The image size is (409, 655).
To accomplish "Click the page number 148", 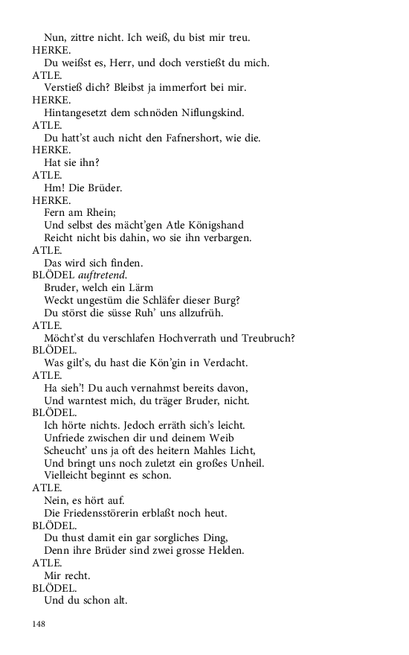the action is [x=39, y=624].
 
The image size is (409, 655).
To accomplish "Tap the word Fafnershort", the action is [x=184, y=138].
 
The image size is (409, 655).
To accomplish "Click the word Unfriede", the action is [x=68, y=438].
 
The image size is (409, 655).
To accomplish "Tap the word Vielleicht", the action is [x=69, y=476].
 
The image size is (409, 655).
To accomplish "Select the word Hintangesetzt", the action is [x=80, y=112].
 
